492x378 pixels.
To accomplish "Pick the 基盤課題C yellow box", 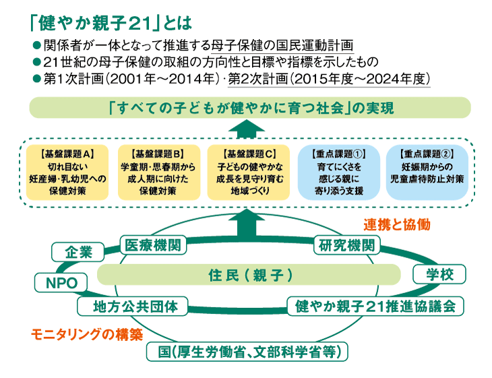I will coord(247,171).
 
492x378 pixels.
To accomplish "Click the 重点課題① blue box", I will coord(338,171).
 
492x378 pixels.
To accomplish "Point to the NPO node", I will coord(61,282).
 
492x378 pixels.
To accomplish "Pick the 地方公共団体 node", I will coord(137,307).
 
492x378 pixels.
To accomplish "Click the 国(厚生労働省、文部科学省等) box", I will coord(249,351).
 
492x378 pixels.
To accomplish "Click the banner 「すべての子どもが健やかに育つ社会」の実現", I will coord(249,108).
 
